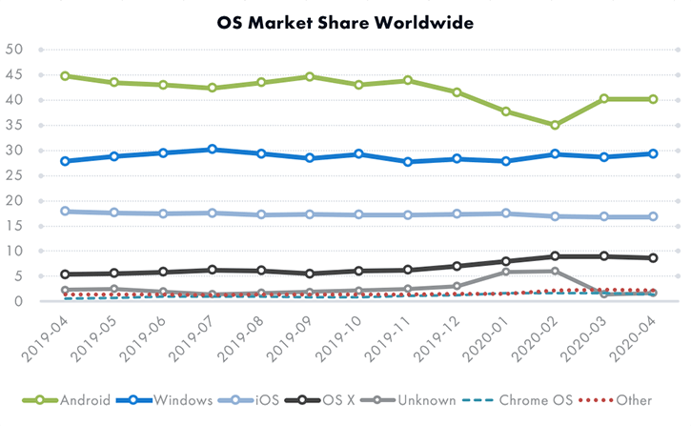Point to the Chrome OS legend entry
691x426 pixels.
coord(528,399)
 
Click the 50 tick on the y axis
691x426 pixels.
coord(13,50)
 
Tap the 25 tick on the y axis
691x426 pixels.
coord(13,175)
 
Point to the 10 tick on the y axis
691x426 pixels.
coord(13,252)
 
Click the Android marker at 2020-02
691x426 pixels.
coord(554,125)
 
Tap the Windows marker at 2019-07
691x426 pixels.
coord(212,149)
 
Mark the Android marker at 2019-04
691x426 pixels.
coord(64,75)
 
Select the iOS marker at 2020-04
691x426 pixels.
coord(652,216)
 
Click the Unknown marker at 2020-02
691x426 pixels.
coord(554,271)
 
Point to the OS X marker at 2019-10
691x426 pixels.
coord(358,271)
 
